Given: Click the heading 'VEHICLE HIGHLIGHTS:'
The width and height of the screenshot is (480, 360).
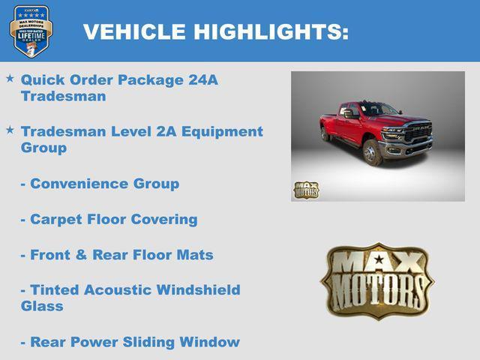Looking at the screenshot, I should (x=216, y=32).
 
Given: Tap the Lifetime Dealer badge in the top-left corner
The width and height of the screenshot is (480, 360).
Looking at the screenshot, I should (x=30, y=31).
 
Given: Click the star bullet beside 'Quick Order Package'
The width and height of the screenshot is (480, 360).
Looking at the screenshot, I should (x=10, y=78).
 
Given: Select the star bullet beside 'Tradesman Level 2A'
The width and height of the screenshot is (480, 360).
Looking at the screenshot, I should (x=10, y=130).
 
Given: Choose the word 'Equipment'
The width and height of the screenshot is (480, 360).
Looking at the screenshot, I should (x=226, y=131).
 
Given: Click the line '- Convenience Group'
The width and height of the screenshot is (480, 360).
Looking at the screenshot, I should (x=100, y=184).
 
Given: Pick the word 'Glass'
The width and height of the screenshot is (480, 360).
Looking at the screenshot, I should (x=42, y=306).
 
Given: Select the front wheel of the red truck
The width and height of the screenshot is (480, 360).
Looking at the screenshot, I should (x=372, y=152).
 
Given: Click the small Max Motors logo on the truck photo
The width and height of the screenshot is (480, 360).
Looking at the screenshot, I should (x=306, y=189).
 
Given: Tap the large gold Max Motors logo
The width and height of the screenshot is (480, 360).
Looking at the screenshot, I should (x=378, y=280).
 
